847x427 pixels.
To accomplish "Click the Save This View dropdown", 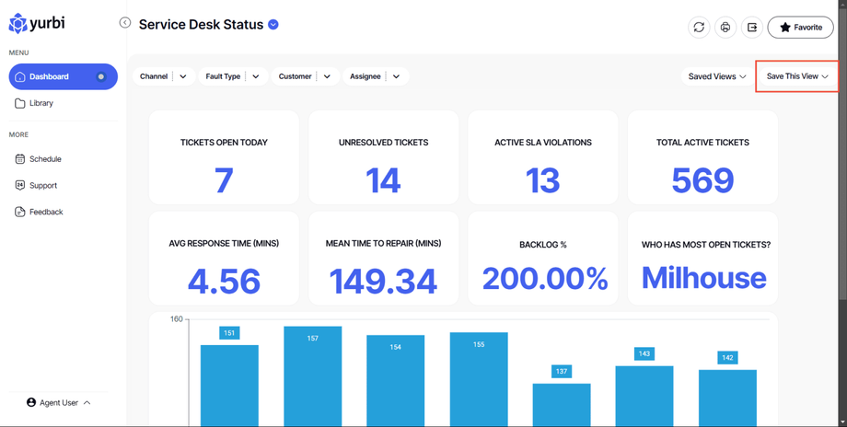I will click(797, 76).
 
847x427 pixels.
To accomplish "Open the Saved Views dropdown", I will click(717, 76).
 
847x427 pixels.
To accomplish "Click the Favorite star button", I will click(800, 28).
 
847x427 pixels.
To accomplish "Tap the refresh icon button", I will click(699, 28).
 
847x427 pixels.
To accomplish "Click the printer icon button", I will click(725, 28).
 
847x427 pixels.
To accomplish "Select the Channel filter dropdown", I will click(164, 76).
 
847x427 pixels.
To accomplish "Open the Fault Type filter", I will click(232, 76).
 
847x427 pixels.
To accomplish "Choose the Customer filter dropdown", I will click(304, 76).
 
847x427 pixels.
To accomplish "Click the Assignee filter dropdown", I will click(374, 76).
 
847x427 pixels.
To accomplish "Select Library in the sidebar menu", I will click(41, 103).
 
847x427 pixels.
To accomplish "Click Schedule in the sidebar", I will click(44, 159).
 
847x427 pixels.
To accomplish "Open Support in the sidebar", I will click(42, 185).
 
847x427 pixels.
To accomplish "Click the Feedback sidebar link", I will click(45, 212).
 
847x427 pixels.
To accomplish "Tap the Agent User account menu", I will click(59, 402).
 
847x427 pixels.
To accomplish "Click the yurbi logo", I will click(37, 23).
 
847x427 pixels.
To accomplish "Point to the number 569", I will click(702, 180).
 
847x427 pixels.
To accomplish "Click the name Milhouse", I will click(703, 278).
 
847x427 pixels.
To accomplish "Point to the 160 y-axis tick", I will click(176, 319).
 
